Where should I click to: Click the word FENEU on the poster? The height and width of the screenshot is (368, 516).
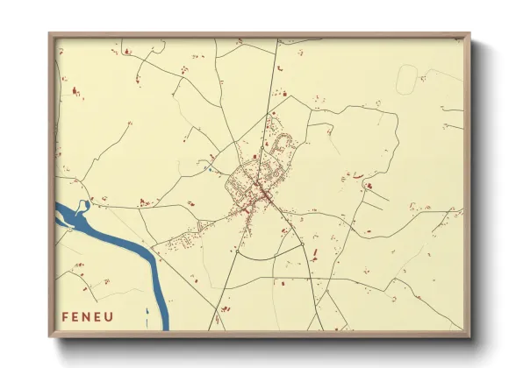88,315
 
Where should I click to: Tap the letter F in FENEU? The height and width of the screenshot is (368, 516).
65,315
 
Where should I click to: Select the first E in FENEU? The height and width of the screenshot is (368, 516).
76,315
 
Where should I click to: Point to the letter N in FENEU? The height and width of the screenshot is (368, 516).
88,315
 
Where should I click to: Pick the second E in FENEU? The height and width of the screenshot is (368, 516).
99,315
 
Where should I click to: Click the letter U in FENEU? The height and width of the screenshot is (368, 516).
111,315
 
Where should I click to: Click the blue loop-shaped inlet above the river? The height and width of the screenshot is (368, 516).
83,207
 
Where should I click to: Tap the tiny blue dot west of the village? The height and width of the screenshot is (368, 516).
210,168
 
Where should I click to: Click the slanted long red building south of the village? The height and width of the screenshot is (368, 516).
315,255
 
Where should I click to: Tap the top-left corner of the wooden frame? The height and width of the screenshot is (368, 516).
50,35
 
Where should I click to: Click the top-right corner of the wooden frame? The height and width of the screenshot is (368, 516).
469,35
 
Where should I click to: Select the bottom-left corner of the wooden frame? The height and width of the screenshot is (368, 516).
50,336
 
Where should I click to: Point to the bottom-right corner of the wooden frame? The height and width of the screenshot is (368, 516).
469,336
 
